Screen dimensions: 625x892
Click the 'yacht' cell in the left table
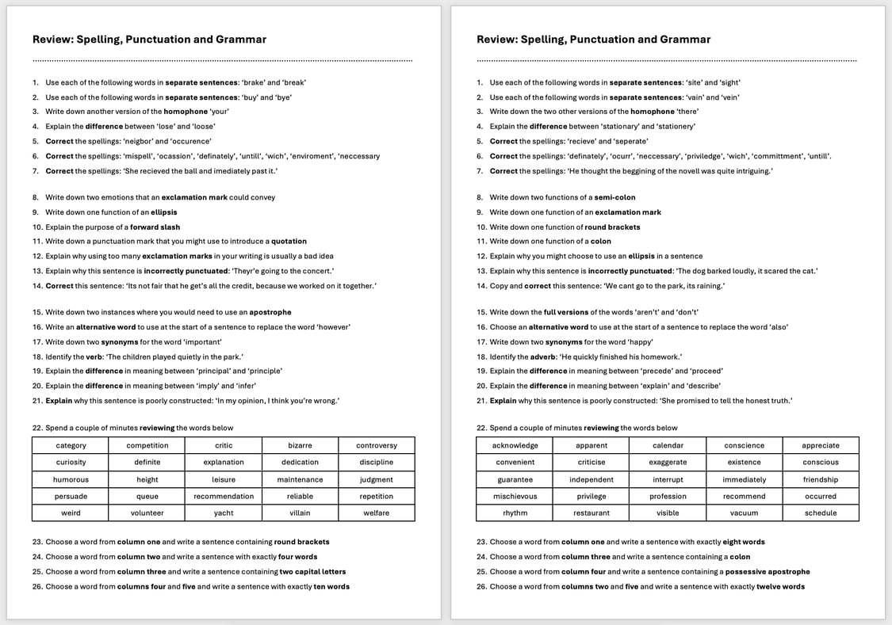point(224,513)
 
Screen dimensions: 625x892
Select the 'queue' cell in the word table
point(147,497)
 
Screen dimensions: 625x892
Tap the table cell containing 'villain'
point(300,513)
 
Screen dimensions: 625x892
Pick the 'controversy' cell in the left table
point(376,446)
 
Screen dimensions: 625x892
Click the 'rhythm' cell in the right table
point(515,513)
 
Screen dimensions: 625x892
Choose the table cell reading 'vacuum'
point(744,513)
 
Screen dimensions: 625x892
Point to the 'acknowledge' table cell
point(515,446)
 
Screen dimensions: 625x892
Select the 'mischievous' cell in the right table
point(515,497)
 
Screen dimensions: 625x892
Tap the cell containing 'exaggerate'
point(668,463)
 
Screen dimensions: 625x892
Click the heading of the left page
point(149,40)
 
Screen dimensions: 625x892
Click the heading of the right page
point(593,40)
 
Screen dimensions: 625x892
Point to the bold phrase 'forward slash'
point(155,227)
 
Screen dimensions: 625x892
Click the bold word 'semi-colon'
point(614,198)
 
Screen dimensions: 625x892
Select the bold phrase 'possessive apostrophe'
point(768,572)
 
